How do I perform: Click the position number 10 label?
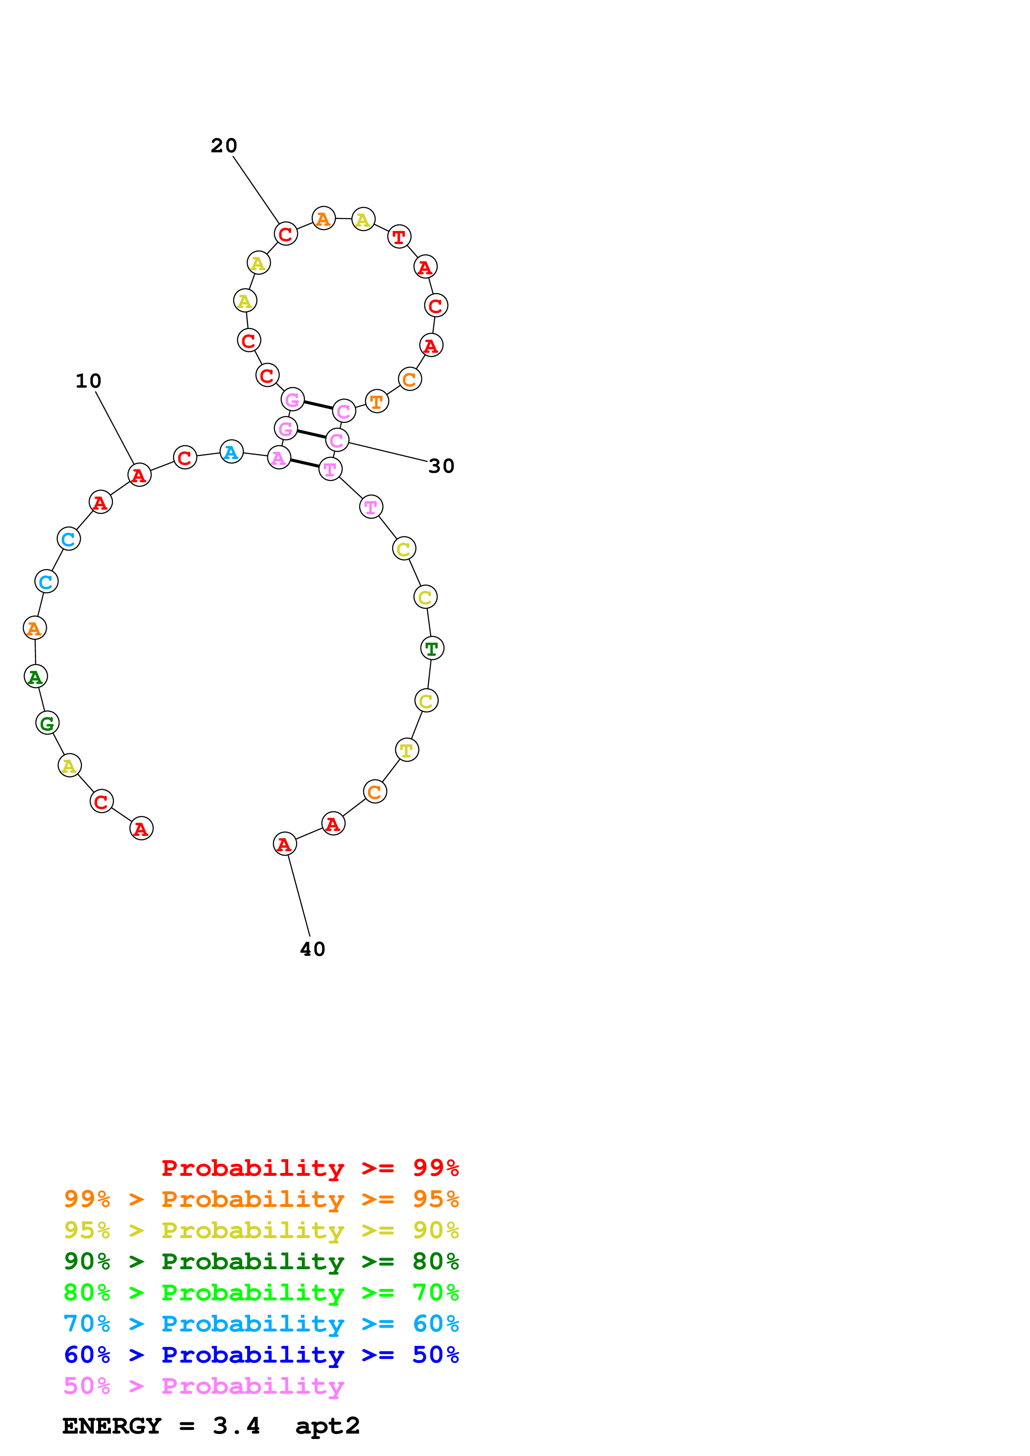tap(88, 381)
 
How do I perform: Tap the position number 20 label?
tap(224, 146)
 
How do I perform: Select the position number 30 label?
tap(441, 466)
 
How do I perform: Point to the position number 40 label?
tap(312, 949)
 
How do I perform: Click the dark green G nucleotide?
tap(47, 723)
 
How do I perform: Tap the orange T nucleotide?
tap(377, 401)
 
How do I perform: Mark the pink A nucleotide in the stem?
tap(279, 457)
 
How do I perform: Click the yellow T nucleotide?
tap(407, 750)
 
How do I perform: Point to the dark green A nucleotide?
tap(36, 677)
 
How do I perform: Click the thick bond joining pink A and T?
tap(305, 464)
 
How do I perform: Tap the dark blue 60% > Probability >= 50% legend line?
tap(261, 1355)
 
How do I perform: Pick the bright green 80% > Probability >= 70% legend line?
tap(261, 1292)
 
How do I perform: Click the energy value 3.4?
tap(236, 1426)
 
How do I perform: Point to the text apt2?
tap(327, 1426)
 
